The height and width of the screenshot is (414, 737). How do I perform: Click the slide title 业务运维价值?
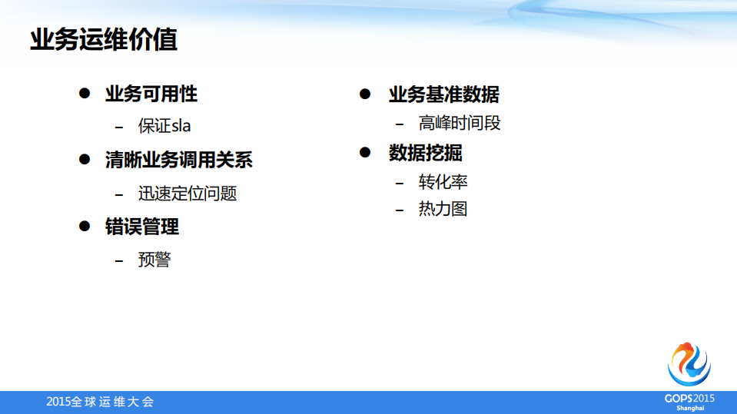104,40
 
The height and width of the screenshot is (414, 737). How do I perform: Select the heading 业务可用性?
151,94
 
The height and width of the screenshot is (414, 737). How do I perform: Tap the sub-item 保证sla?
164,127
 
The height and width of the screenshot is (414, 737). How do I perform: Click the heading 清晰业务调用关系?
179,161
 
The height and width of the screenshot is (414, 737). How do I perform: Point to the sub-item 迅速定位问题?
187,194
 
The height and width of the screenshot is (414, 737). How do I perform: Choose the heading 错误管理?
142,227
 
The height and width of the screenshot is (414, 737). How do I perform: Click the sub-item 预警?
154,260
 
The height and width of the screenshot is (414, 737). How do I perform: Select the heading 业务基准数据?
443,94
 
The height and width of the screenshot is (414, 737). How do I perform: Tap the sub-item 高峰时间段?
460,123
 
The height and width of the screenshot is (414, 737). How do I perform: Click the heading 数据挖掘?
425,153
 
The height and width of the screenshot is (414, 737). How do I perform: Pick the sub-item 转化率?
443,182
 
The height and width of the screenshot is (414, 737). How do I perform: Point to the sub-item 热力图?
443,209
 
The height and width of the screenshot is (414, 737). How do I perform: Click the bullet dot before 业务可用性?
85,94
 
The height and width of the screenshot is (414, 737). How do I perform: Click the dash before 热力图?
399,210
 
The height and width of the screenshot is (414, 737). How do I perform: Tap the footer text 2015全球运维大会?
100,402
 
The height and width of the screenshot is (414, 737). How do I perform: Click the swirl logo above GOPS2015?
689,364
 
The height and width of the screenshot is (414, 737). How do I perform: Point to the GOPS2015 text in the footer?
689,398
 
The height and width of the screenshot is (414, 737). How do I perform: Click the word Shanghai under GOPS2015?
690,408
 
